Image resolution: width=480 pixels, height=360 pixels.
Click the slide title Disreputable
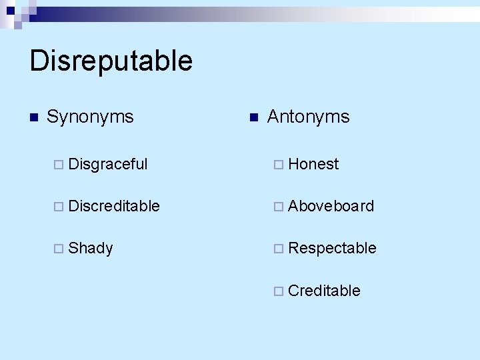(111, 61)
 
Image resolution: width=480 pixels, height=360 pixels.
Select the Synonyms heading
(90, 117)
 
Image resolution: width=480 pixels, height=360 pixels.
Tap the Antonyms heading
(307, 117)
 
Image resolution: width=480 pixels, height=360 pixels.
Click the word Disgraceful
(107, 164)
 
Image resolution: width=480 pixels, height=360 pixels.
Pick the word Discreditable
(114, 206)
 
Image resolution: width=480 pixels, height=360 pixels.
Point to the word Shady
(91, 249)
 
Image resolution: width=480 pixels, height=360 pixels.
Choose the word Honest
(313, 164)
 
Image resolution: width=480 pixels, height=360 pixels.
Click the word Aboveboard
(331, 206)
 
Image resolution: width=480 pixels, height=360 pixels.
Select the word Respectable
(332, 249)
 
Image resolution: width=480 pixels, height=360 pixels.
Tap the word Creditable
(324, 291)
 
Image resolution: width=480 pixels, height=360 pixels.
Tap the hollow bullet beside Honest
(279, 165)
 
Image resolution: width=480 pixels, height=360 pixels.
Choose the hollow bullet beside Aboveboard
(279, 207)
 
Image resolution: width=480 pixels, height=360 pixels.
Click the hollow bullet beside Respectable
(279, 249)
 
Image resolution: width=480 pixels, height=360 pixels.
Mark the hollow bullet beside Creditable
(279, 291)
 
